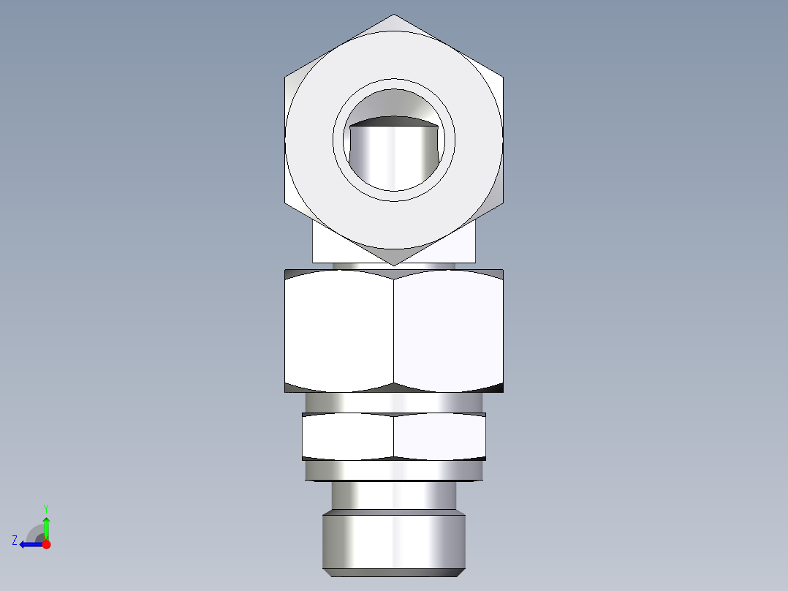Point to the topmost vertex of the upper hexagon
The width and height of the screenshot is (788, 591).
pyautogui.click(x=394, y=15)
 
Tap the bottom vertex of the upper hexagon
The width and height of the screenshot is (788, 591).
pyautogui.click(x=394, y=265)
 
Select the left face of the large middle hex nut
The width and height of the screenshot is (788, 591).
pyautogui.click(x=339, y=331)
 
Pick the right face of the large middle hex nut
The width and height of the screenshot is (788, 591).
pyautogui.click(x=448, y=331)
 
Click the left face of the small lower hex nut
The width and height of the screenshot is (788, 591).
pyautogui.click(x=348, y=437)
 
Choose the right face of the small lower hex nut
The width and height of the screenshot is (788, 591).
pyautogui.click(x=439, y=437)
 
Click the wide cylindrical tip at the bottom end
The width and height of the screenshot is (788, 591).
pyautogui.click(x=394, y=543)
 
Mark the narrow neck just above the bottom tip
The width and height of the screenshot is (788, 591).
pyautogui.click(x=394, y=496)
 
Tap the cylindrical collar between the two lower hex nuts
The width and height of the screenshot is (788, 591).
pyautogui.click(x=394, y=402)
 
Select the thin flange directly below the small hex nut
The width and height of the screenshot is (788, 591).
pyautogui.click(x=394, y=470)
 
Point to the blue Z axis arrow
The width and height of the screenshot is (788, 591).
pyautogui.click(x=31, y=544)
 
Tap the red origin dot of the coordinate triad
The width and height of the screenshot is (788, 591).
pyautogui.click(x=46, y=544)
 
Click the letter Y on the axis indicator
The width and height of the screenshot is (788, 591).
pyautogui.click(x=46, y=508)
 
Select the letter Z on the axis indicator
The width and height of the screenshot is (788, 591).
pyautogui.click(x=15, y=541)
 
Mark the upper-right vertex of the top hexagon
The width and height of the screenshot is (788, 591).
pyautogui.click(x=503, y=76)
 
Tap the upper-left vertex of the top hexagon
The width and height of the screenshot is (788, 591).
pyautogui.click(x=285, y=76)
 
